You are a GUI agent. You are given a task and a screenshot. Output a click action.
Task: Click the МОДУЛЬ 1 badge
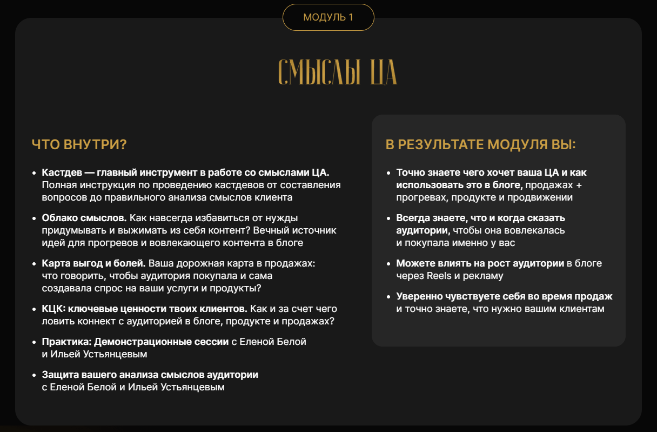pyautogui.click(x=328, y=17)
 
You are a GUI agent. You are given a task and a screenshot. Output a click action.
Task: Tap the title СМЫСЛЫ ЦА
pyautogui.click(x=337, y=72)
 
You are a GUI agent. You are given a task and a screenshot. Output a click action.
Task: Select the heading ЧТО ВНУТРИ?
pyautogui.click(x=79, y=145)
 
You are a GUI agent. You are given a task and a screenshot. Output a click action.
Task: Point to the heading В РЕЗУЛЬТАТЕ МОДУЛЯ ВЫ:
pyautogui.click(x=480, y=145)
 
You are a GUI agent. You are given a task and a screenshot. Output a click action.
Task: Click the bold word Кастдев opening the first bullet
pyautogui.click(x=62, y=172)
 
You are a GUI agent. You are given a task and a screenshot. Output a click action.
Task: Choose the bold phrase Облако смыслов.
pyautogui.click(x=84, y=218)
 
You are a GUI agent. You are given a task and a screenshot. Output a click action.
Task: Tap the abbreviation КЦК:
pyautogui.click(x=54, y=309)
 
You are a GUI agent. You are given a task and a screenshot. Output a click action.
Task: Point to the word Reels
pyautogui.click(x=439, y=276)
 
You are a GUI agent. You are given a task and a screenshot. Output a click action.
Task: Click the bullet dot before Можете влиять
pyautogui.click(x=388, y=264)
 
